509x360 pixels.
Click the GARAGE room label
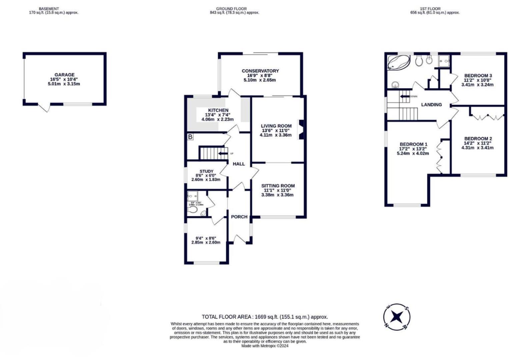coord(64,75)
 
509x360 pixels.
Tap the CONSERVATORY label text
coord(260,71)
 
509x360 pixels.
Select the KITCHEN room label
coord(218,110)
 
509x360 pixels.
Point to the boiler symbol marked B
coord(190,137)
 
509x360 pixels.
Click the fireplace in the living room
coord(301,129)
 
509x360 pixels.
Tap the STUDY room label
coord(206,171)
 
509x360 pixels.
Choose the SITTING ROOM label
coord(278,186)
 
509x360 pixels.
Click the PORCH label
coord(239,217)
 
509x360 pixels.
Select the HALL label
coord(239,164)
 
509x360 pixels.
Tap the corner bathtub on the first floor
coord(398,62)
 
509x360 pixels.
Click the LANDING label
coord(431,105)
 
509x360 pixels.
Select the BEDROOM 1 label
coord(413,144)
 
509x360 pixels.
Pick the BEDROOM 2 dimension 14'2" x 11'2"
coord(477,143)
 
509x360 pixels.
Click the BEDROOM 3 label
coord(478,76)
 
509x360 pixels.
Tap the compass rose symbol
coord(396,317)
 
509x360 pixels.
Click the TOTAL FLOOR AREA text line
coord(265,317)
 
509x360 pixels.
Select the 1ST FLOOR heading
coord(430,9)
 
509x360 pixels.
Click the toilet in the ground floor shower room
coord(192,210)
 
